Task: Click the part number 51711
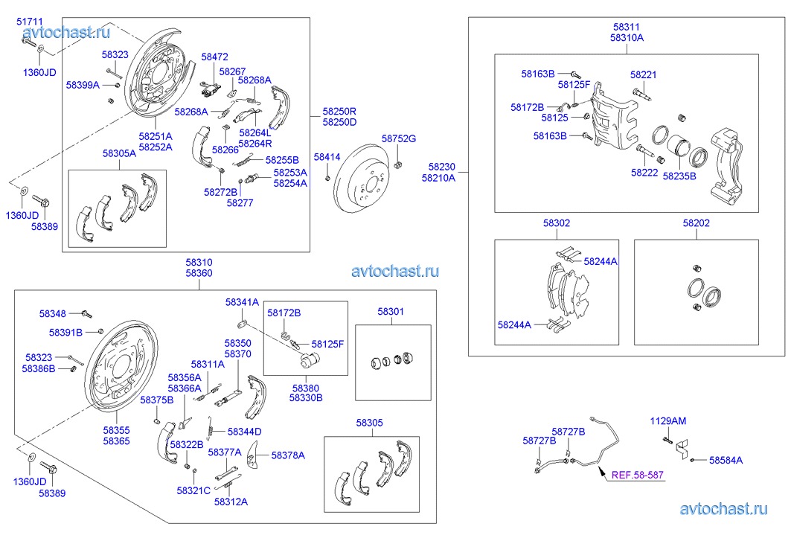point(30,22)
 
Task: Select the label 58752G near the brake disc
point(399,138)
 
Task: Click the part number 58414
point(327,157)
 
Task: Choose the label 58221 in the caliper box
point(643,74)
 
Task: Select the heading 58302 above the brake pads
point(557,223)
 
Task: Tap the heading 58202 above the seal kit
point(696,223)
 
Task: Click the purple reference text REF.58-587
point(638,474)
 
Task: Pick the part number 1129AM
point(668,420)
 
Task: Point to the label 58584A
point(726,460)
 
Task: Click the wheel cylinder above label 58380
point(308,361)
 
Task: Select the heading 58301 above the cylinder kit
point(391,311)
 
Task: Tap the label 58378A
point(288,455)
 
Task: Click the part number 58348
point(53,313)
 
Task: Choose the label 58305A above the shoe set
point(120,153)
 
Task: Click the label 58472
point(215,57)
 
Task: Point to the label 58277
point(240,202)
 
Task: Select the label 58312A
point(231,502)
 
